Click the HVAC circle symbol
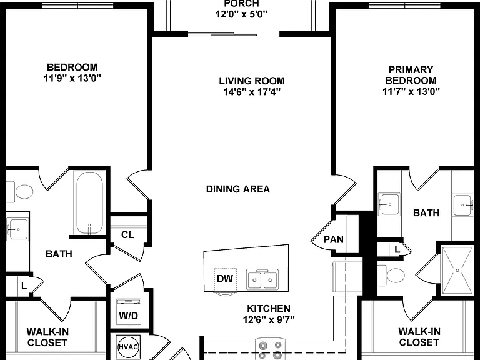coord(128,347)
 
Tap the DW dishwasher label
coord(225,279)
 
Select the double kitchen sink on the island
coord(262,279)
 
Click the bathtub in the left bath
coord(90,203)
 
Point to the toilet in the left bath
coord(20,192)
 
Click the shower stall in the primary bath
coord(457,271)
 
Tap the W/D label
coord(129,316)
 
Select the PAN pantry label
coord(333,239)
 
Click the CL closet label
coord(127,235)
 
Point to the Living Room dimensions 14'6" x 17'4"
coord(252,91)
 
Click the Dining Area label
coord(238,189)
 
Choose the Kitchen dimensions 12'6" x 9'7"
coord(269,319)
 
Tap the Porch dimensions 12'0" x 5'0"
coord(241,14)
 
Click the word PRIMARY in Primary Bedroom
coord(411,69)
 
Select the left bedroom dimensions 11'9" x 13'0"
coord(72,78)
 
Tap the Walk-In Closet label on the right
coord(419,337)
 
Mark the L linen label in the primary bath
coord(397,249)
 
